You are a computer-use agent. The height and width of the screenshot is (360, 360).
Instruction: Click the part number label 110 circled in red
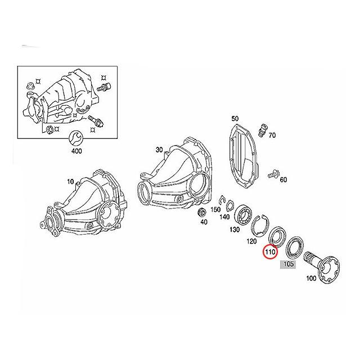271,253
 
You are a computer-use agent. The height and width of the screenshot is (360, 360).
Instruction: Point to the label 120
251,241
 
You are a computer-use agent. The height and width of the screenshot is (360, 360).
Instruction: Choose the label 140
224,217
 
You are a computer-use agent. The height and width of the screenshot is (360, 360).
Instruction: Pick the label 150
215,209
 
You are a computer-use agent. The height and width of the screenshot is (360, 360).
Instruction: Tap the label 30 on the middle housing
159,150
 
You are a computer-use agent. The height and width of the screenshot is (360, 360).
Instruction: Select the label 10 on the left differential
70,182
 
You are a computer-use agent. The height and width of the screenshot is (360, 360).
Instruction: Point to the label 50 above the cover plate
235,119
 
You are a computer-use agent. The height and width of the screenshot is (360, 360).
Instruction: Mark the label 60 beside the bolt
283,179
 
